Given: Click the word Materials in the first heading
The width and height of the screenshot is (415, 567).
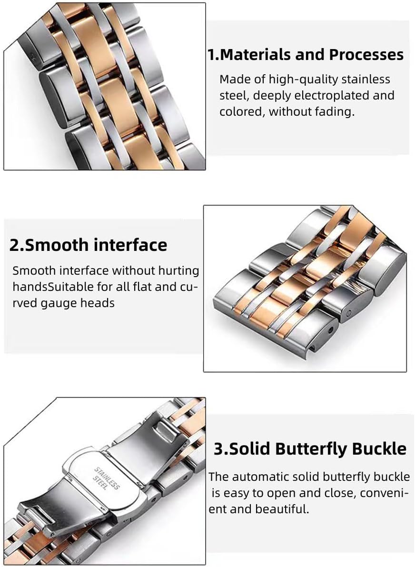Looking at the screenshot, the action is pos(255,55).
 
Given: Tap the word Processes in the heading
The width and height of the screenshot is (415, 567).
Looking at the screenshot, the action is pos(366,55).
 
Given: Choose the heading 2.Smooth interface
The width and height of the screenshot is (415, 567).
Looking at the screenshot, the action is pos(88,245).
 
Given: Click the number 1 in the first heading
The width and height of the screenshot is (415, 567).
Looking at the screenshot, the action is pos(211,55).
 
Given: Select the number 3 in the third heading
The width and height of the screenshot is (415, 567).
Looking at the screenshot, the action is pos(218,449).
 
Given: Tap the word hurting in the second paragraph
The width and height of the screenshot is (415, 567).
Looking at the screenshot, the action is pos(180,271).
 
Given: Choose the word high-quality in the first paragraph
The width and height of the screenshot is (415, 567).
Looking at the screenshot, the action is pos(303,79).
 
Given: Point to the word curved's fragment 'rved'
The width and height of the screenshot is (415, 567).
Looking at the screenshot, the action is pos(25,303).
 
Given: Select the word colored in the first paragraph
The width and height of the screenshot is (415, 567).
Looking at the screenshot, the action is pos(242,111).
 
